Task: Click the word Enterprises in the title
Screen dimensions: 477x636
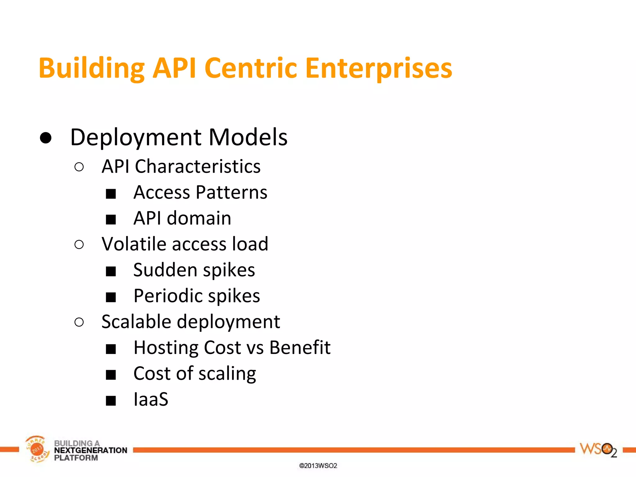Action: (379, 68)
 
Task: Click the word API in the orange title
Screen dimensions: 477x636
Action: (174, 68)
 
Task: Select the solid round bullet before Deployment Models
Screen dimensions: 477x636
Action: (46, 138)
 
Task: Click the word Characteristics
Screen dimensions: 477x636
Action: (198, 167)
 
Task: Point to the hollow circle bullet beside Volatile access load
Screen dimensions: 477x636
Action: (79, 245)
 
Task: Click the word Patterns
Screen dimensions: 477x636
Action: (232, 193)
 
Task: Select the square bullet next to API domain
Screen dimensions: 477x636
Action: (111, 220)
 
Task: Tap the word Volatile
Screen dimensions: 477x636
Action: (134, 244)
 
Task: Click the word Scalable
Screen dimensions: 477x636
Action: (136, 322)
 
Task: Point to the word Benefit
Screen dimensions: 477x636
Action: (300, 348)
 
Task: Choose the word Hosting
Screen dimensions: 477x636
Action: (166, 348)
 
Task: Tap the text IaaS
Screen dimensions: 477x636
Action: (151, 399)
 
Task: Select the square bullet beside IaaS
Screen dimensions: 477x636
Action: (111, 401)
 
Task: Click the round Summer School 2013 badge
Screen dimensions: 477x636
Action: (37, 449)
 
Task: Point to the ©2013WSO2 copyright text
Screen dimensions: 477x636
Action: (318, 466)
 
